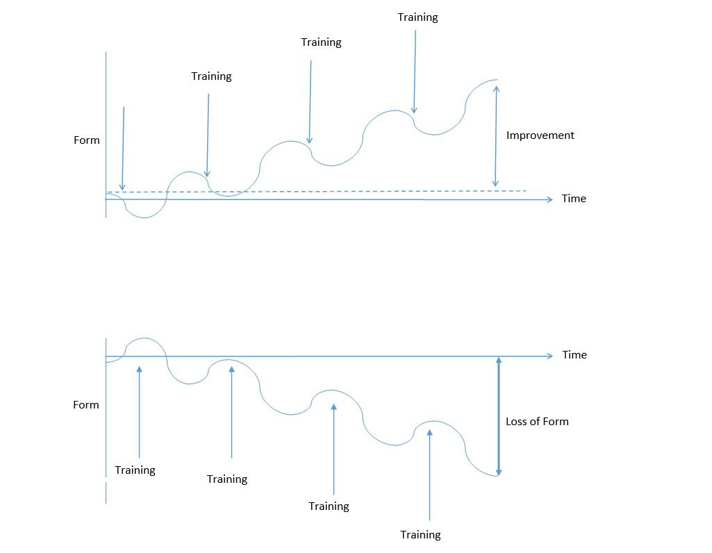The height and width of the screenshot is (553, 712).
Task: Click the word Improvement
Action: click(540, 135)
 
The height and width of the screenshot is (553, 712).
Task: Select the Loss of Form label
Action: click(537, 421)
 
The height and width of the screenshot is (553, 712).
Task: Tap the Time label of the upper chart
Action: click(574, 199)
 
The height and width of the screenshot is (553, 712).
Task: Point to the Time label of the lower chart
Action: click(574, 354)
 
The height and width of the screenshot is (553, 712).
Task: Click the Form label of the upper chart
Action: click(86, 140)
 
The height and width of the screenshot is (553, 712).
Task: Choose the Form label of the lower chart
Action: click(86, 404)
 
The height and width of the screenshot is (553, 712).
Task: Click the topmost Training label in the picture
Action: click(417, 17)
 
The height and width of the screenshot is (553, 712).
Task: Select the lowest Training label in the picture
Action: click(420, 535)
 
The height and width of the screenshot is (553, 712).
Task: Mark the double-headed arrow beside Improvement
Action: click(496, 136)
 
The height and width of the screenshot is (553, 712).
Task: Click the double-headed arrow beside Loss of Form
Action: click(499, 416)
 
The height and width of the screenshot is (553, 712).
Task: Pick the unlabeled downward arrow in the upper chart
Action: click(122, 149)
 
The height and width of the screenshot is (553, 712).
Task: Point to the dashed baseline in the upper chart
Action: click(317, 192)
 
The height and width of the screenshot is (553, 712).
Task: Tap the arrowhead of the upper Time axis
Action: click(550, 200)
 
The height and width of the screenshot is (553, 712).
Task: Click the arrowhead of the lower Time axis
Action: click(550, 356)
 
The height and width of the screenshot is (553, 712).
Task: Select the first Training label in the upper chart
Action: click(211, 76)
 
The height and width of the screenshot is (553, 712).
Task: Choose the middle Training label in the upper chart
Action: click(321, 42)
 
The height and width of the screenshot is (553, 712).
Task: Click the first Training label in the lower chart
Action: click(135, 470)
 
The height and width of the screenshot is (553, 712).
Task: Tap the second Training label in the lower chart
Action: click(227, 479)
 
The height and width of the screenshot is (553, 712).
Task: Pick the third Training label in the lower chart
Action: click(329, 506)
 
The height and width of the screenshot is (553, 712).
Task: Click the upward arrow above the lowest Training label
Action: click(429, 475)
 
